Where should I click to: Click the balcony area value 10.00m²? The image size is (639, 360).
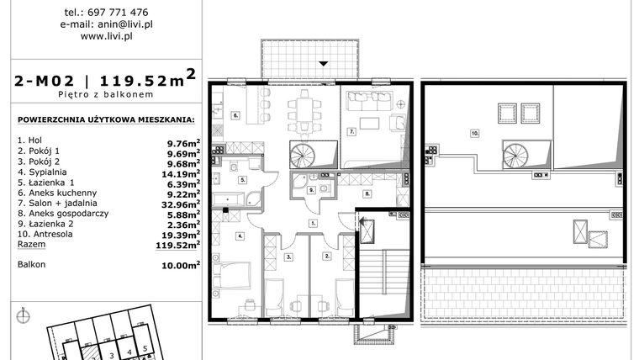coord(180,265)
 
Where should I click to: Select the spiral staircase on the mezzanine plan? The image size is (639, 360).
coord(515,154)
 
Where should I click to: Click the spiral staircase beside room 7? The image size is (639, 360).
coord(306,155)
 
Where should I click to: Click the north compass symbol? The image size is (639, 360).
coord(23,317)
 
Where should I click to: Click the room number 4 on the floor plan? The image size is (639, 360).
coord(241,236)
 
